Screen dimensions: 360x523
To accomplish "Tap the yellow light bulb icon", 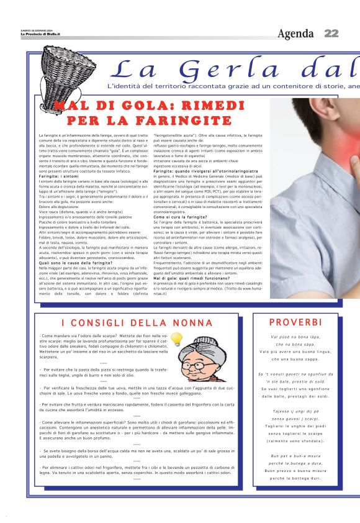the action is (177, 339).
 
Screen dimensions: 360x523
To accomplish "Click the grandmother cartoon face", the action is (204, 361).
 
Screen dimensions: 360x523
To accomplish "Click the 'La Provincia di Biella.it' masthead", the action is (40, 34).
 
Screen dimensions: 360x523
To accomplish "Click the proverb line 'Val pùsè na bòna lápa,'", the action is (295, 336).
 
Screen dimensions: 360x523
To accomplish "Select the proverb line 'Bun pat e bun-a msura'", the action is (295, 456).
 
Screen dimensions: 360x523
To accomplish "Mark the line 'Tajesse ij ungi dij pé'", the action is (295, 411).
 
